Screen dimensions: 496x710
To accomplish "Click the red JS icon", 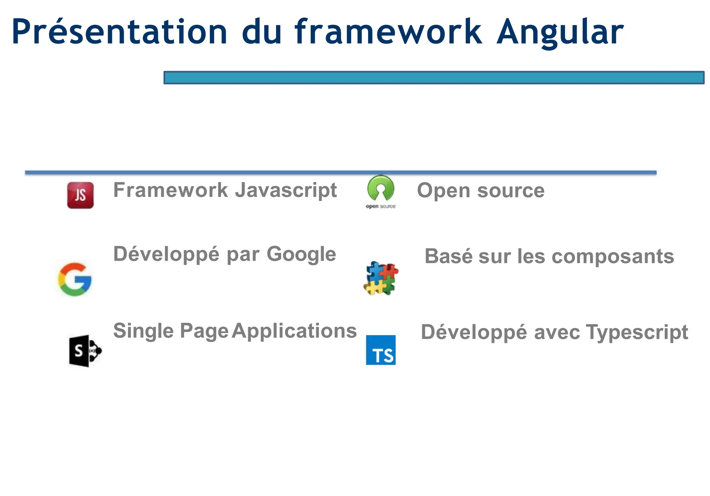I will point(80,195).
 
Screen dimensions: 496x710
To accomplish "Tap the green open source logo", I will point(381,188).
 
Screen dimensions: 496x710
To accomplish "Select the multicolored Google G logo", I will point(75,279).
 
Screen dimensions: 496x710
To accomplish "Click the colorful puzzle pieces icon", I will point(381,278).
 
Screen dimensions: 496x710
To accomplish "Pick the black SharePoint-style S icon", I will point(85,351).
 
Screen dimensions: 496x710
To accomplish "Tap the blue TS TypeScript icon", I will point(381,350).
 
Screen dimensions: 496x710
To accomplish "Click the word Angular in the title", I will point(560,32).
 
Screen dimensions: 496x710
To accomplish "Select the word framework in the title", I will point(388,32).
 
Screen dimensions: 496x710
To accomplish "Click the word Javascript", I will point(286,190).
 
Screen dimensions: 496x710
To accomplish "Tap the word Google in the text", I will point(301,254).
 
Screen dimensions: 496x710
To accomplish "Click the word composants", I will point(613,256).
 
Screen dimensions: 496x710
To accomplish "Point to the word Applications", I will point(294,331).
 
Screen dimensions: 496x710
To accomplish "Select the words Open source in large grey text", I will point(480,191).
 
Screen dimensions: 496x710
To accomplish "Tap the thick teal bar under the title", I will point(434,78).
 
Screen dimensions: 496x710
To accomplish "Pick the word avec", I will point(557,332).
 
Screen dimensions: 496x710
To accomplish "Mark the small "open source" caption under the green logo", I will point(381,207).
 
